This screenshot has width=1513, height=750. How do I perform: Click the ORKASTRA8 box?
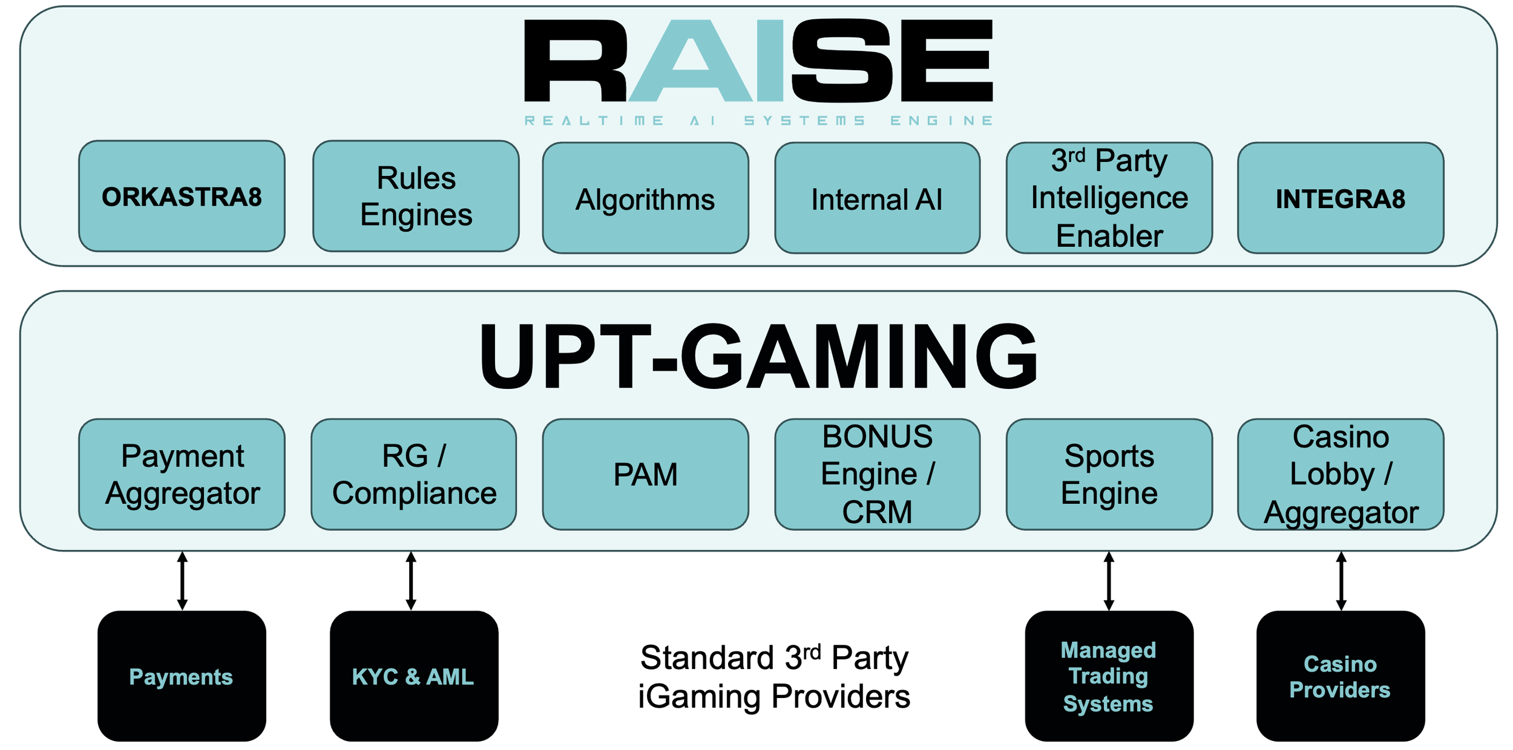point(182,196)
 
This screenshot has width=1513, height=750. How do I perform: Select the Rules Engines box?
point(416,196)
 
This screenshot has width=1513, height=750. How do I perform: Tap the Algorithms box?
point(645,198)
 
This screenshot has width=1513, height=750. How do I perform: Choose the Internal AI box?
point(877,198)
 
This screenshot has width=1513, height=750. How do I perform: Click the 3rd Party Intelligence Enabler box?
point(1109,198)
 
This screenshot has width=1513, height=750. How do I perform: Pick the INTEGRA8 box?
point(1341,198)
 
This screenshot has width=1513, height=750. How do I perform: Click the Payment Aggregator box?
point(182,474)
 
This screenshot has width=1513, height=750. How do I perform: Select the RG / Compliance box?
point(414,474)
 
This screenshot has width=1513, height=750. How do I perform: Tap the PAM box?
point(645,474)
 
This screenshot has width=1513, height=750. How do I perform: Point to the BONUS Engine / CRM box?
point(877,474)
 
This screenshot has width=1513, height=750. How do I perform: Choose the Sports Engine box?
point(1109,474)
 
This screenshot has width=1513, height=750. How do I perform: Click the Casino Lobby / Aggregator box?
point(1341,474)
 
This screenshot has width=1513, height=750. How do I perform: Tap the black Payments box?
point(182,676)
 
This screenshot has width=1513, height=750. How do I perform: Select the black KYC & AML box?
point(414,676)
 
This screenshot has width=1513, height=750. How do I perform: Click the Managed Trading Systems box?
point(1109,676)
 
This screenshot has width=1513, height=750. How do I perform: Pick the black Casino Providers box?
point(1341,676)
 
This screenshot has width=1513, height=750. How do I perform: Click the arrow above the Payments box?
point(182,581)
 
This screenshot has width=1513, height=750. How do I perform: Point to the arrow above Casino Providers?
point(1341,581)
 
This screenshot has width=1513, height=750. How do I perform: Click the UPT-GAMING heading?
point(758,357)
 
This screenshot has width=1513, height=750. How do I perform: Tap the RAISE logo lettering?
point(758,60)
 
